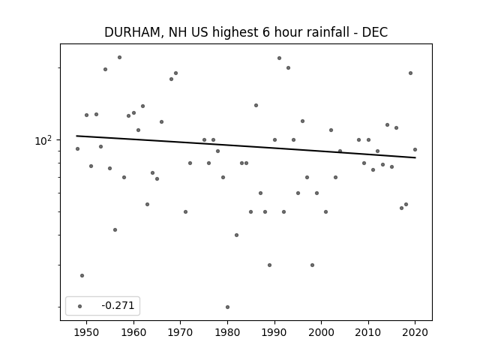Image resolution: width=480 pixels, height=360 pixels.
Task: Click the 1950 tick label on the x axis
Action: click(x=87, y=332)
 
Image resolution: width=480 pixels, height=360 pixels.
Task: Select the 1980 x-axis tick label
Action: click(x=227, y=332)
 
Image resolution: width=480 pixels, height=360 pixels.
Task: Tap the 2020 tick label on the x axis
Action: click(x=415, y=332)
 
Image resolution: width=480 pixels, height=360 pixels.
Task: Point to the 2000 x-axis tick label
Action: click(x=322, y=332)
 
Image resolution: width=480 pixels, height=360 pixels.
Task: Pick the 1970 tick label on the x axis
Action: click(x=180, y=332)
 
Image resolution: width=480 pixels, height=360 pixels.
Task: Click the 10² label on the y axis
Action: click(x=43, y=140)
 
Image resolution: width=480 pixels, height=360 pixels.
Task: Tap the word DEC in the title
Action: click(x=375, y=32)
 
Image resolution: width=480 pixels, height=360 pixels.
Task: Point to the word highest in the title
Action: click(x=235, y=33)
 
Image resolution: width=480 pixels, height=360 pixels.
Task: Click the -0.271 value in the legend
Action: click(x=118, y=305)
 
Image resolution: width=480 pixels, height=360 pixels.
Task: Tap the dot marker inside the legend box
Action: click(x=80, y=306)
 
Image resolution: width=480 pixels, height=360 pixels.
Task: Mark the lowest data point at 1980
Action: click(x=227, y=307)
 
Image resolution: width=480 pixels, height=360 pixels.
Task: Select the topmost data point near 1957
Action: click(x=120, y=57)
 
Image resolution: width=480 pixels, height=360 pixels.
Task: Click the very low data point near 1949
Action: click(x=82, y=275)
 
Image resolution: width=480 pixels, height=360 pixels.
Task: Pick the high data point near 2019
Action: click(x=410, y=73)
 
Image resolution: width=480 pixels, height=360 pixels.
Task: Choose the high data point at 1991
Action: click(x=279, y=58)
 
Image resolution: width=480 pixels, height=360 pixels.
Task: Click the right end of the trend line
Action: click(x=415, y=157)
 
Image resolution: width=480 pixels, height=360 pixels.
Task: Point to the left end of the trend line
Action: click(x=76, y=136)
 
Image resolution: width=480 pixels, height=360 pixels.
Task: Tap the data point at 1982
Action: click(x=237, y=235)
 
